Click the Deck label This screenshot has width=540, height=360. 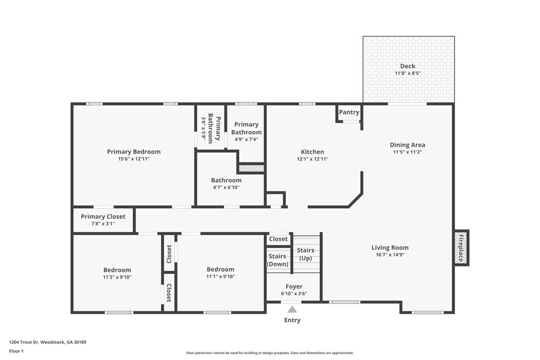(x=408, y=66)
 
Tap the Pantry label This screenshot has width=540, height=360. (x=349, y=112)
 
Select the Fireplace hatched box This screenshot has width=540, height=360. (x=461, y=248)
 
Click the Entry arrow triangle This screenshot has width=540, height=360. (x=292, y=310)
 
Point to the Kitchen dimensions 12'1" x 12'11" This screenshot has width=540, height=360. (x=313, y=159)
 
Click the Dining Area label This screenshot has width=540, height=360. (x=407, y=145)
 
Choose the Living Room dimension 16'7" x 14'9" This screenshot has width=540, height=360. (x=390, y=255)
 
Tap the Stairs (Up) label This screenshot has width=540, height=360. (x=306, y=254)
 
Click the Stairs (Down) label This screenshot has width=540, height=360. (x=278, y=260)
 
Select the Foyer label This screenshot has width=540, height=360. (x=294, y=287)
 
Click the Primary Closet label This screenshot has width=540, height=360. (x=103, y=216)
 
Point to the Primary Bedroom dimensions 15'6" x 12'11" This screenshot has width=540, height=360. (x=133, y=159)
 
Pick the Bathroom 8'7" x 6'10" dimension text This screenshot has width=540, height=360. (x=226, y=187)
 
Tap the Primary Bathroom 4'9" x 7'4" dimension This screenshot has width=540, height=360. (x=246, y=139)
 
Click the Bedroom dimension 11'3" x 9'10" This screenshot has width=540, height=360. (x=117, y=277)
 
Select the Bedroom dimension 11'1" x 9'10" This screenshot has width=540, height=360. (x=220, y=276)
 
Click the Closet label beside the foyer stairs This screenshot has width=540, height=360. (x=278, y=239)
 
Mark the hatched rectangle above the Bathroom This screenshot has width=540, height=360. (x=251, y=168)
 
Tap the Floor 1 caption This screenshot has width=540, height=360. (x=16, y=351)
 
